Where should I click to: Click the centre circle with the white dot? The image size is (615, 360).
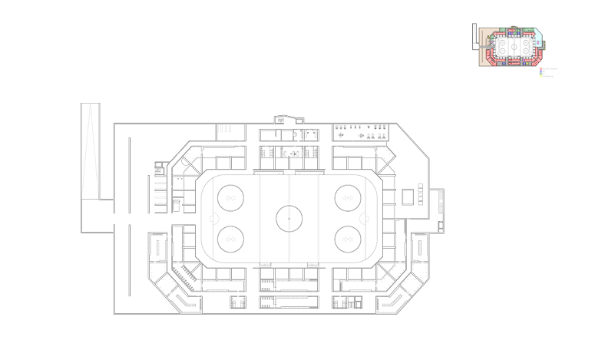(x=289, y=218)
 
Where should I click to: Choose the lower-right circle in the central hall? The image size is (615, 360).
(x=347, y=239)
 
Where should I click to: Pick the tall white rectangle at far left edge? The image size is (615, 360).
(x=90, y=151)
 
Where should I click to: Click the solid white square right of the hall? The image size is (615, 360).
(x=408, y=197)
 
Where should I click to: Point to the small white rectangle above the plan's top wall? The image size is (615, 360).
(x=299, y=121)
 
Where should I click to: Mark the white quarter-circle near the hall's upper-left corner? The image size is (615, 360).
(x=187, y=161)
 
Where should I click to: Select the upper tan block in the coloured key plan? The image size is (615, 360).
(x=486, y=37)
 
